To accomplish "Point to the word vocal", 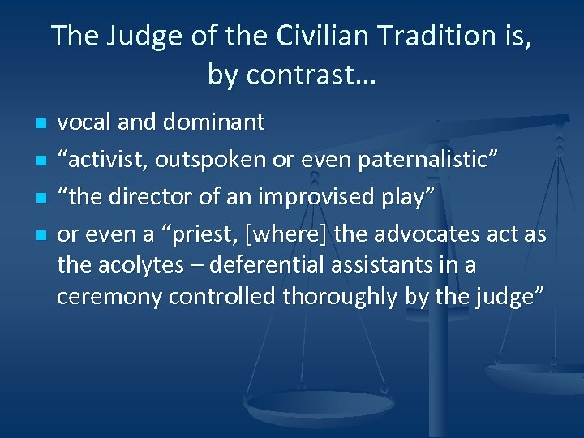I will click(x=85, y=122).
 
